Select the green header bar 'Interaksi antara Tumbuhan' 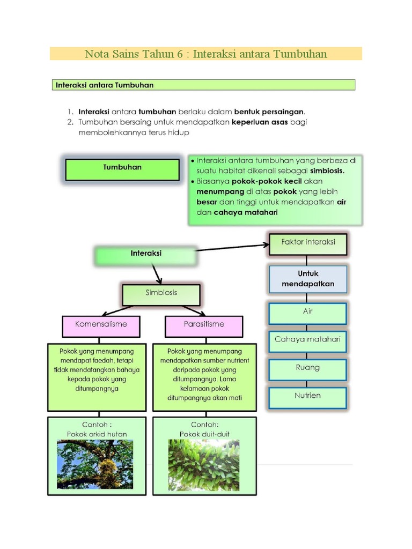[x=203, y=85]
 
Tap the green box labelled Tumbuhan [x=122, y=169]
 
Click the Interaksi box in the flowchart [x=146, y=255]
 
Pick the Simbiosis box [x=161, y=294]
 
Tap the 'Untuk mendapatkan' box [x=308, y=279]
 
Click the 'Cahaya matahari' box [x=308, y=340]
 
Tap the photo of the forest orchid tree [x=95, y=464]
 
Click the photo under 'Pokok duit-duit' [x=204, y=465]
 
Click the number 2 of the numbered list [x=70, y=123]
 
